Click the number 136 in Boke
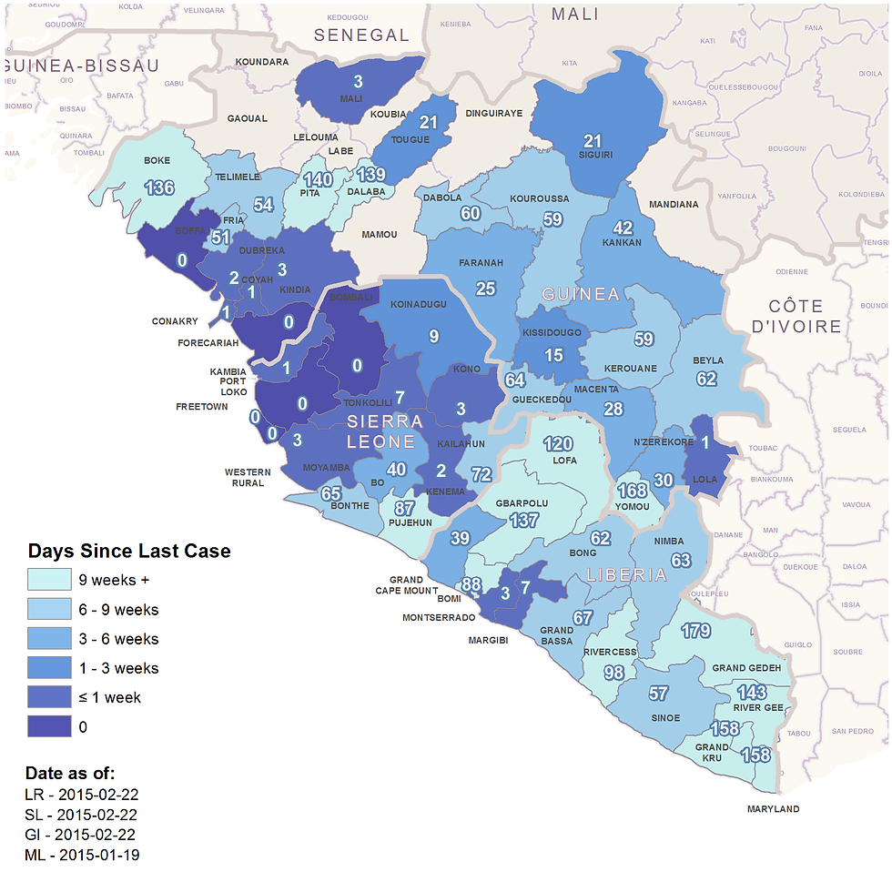coord(159,188)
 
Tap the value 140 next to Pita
coord(318,180)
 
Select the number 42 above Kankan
coord(623,228)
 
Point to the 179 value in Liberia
coord(695,631)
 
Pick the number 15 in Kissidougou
coord(553,356)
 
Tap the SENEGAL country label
coord(361,35)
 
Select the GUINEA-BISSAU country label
coord(82,66)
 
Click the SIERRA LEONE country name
coord(385,431)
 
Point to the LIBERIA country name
coord(627,575)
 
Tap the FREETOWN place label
coord(202,407)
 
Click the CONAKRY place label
coord(176,321)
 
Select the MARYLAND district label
coord(773,809)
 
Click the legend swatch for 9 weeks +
coord(49,580)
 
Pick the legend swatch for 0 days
coord(49,727)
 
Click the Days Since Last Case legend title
coord(129,551)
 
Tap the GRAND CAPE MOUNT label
coord(406,584)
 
